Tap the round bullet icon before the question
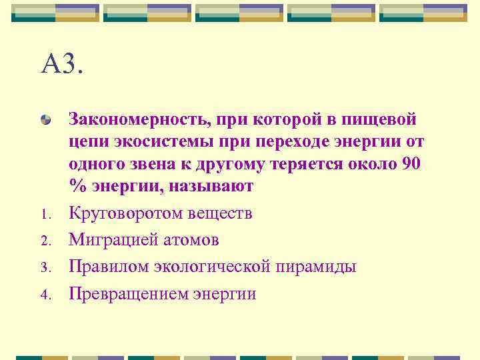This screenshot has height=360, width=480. [x=45, y=121]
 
